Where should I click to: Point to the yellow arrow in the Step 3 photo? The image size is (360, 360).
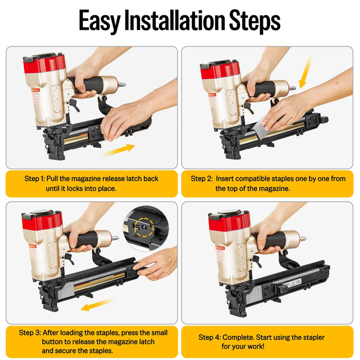(97, 306)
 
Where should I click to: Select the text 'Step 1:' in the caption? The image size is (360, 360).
(34, 178)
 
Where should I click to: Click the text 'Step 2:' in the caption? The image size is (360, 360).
(202, 178)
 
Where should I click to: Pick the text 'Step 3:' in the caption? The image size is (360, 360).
(30, 332)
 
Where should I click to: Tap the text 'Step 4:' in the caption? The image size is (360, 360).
(209, 337)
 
